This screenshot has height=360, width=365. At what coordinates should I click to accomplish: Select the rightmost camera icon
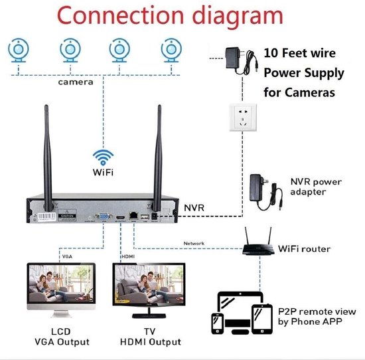point(172,51)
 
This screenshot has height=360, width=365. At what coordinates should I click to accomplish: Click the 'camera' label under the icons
point(76,83)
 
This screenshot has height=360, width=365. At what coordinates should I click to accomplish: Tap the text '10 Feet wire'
point(299,53)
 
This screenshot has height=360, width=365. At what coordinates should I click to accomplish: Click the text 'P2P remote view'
point(314,312)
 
